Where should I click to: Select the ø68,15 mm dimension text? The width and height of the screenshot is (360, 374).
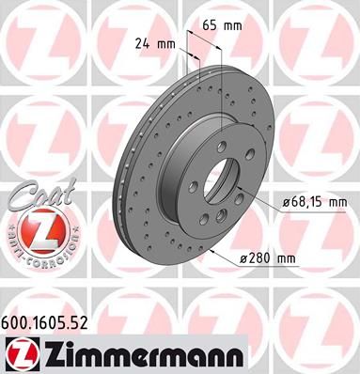click(316, 202)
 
